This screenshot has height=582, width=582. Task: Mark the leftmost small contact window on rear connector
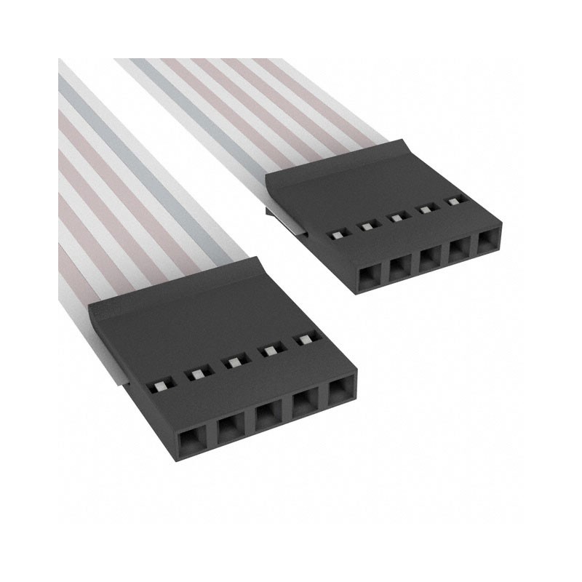pos(338,235)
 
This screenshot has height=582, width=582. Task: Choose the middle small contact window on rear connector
pos(397,216)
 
